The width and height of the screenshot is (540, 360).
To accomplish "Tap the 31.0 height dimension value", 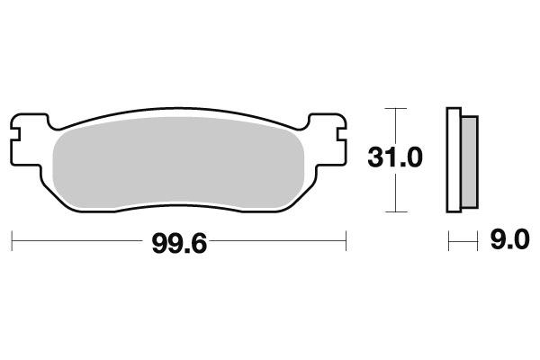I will click(394, 158).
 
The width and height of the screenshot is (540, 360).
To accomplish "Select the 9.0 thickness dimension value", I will click(509, 240).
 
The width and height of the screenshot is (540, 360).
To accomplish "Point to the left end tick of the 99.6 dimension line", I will click(12, 240).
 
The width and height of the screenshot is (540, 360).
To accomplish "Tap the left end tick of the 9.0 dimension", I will click(449, 240).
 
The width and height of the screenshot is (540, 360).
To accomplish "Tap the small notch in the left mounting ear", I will click(15, 139).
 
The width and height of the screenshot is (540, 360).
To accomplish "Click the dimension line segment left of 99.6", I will click(81, 240).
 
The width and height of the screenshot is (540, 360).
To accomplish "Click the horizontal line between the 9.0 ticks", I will click(463, 240).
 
